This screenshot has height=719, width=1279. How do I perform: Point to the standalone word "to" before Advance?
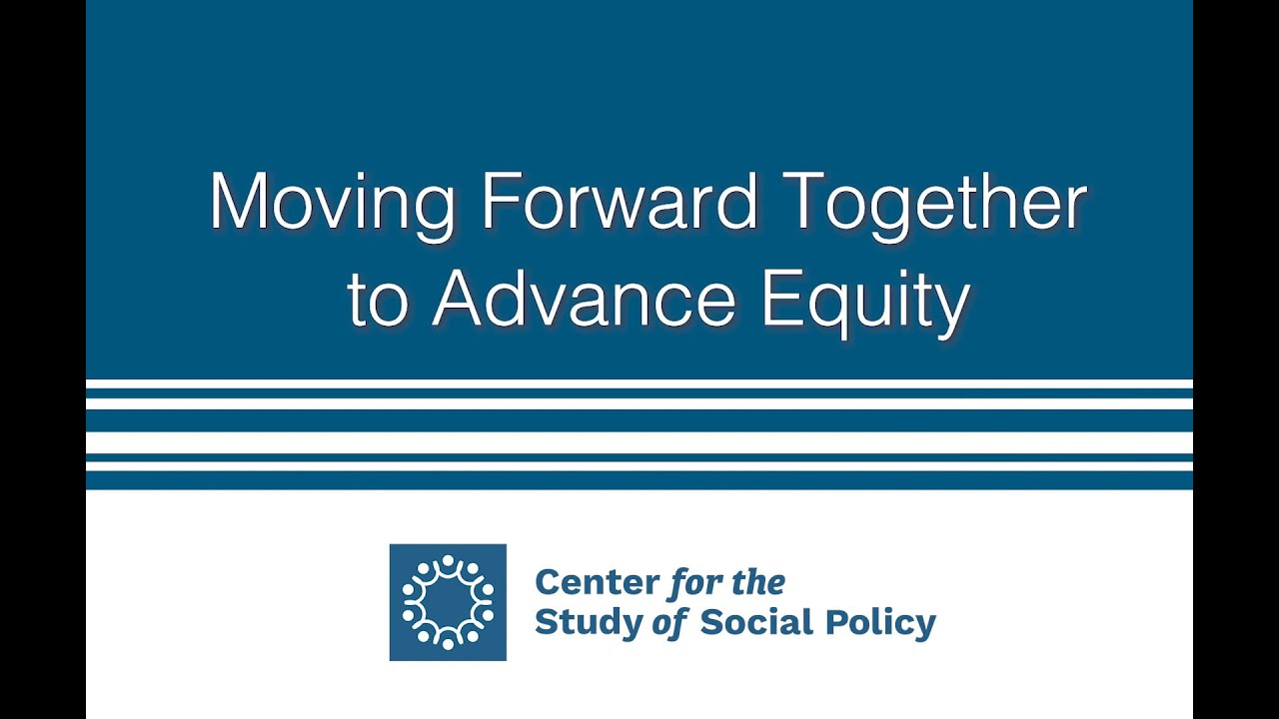[378, 300]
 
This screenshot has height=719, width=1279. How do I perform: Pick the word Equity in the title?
[865, 300]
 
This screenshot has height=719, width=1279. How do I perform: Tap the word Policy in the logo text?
[879, 623]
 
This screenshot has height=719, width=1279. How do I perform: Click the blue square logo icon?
[448, 602]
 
